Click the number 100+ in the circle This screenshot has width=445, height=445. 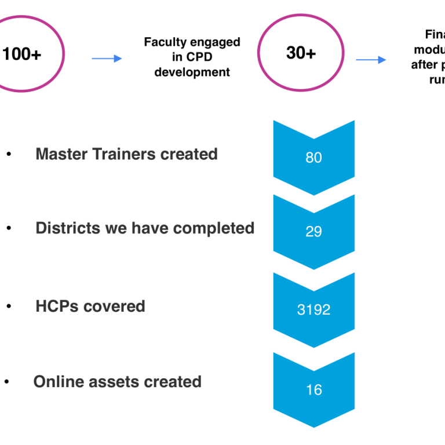[x=22, y=54]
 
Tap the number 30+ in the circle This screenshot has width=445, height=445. [x=301, y=53]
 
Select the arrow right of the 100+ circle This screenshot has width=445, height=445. [x=107, y=59]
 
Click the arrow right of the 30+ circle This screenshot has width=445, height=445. [x=371, y=60]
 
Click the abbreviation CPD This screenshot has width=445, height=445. [x=200, y=57]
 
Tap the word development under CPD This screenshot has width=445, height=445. [x=192, y=72]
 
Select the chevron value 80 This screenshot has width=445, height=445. [x=313, y=158]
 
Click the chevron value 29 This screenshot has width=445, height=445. [x=313, y=232]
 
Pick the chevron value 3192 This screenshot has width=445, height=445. [x=313, y=310]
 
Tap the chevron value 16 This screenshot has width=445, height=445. [x=313, y=390]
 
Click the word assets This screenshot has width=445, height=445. [x=111, y=382]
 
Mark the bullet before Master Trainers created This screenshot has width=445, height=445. [x=9, y=155]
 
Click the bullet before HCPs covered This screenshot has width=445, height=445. [x=9, y=307]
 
